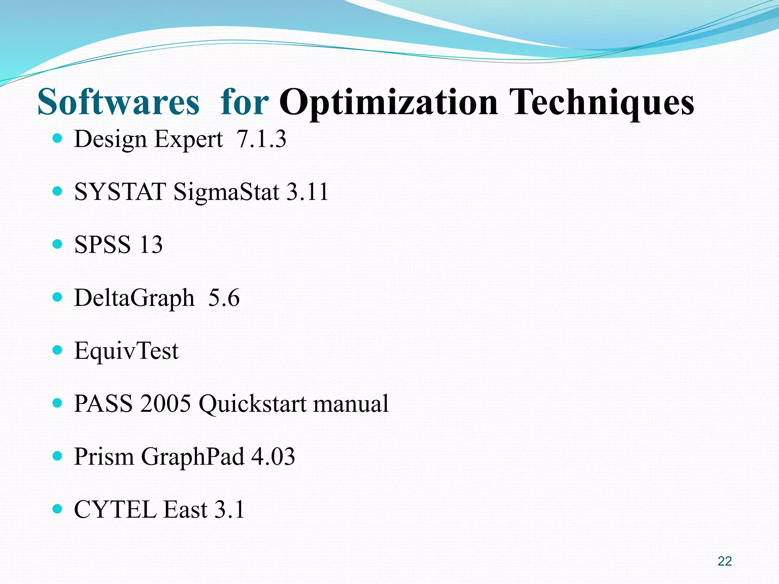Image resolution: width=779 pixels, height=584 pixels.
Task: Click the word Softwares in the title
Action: tap(118, 102)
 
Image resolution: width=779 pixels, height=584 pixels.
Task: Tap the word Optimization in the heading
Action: tap(388, 102)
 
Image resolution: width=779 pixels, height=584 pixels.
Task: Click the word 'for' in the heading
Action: tap(245, 102)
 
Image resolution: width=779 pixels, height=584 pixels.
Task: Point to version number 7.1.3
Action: tap(261, 139)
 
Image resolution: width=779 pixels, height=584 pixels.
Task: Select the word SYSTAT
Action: tap(120, 192)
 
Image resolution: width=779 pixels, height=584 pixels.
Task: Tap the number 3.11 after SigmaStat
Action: tap(307, 192)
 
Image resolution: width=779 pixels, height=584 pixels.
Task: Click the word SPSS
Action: tap(102, 244)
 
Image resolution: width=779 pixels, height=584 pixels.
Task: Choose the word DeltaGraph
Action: tap(134, 298)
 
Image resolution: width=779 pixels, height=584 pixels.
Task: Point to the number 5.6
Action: tap(224, 298)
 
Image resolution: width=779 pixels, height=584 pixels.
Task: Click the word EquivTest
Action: tap(126, 351)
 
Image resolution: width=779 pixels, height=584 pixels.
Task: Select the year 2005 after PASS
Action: tap(165, 403)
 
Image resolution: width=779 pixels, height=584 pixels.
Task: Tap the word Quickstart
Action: tap(253, 403)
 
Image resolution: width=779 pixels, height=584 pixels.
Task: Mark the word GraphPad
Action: tap(192, 457)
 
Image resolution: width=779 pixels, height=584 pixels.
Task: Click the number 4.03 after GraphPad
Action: tap(273, 457)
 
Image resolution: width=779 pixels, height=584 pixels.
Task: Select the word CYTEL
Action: tap(115, 509)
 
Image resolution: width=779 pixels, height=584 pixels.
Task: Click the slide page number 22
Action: tap(725, 561)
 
